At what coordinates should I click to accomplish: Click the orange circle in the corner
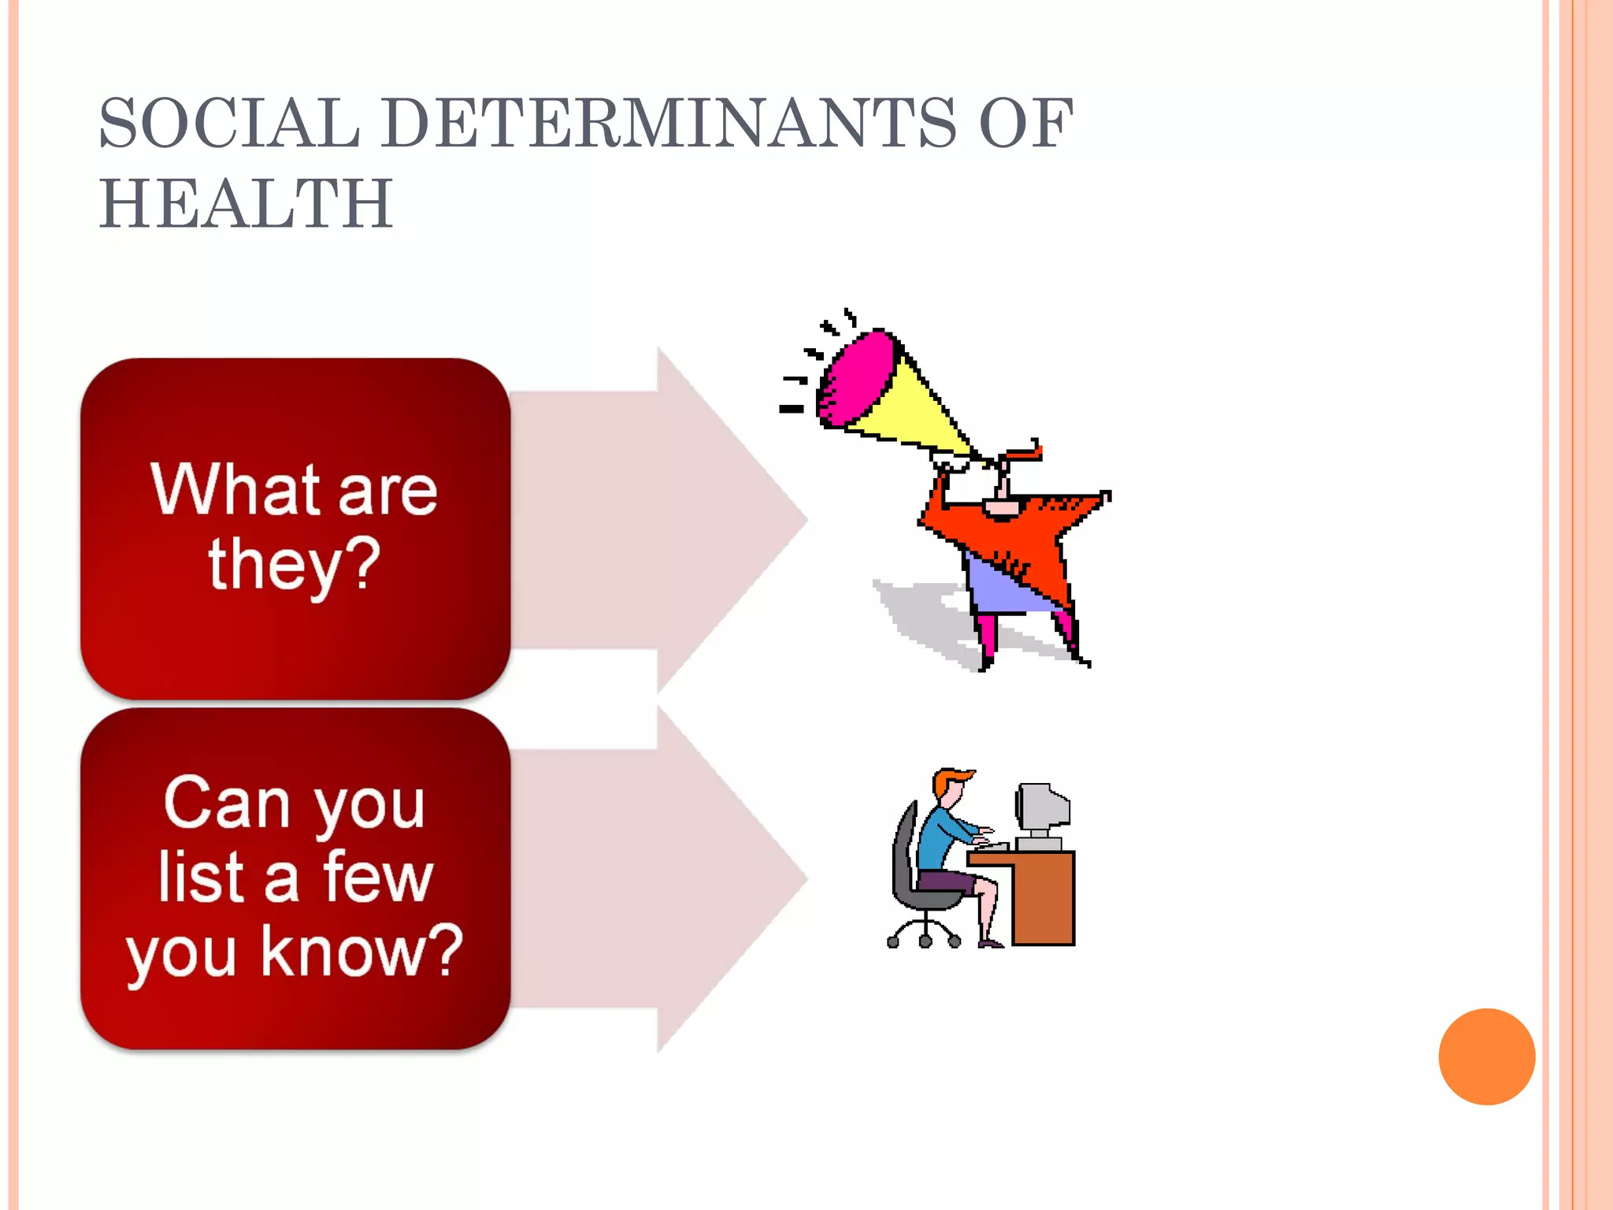coord(1486,1056)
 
